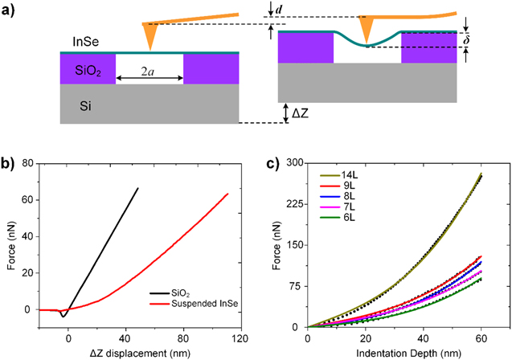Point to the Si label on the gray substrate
79,104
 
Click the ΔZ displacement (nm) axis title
140,352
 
